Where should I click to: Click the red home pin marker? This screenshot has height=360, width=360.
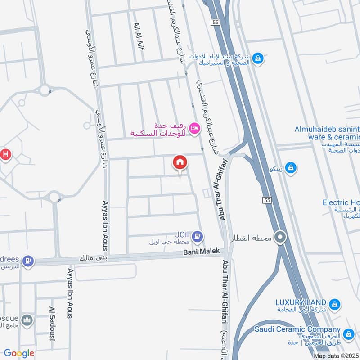pos(180,162)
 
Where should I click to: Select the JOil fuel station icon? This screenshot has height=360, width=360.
pos(198,236)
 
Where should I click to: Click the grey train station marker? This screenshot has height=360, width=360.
pos(281,237)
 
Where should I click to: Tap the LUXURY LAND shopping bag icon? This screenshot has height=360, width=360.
pos(334,304)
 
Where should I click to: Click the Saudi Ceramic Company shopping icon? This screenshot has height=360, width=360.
pos(348,334)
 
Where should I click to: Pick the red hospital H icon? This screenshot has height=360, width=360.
pos(5,155)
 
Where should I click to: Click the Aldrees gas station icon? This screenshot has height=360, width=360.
pos(28,260)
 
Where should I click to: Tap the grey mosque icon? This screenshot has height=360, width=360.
pos(28,319)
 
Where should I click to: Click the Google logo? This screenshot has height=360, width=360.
pos(19,353)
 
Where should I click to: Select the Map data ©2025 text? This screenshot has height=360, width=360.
pos(336,356)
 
